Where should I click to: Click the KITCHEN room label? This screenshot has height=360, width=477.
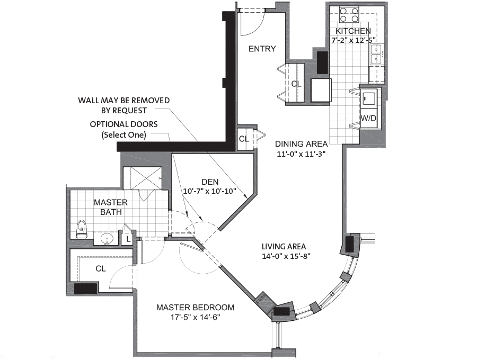(x=353, y=31)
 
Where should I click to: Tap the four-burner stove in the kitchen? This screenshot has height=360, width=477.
(x=349, y=15)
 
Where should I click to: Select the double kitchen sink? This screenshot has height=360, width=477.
(x=377, y=54)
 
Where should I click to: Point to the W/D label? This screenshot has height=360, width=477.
(x=368, y=118)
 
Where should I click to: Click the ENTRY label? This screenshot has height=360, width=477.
(x=262, y=49)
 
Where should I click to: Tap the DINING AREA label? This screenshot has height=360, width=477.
(x=301, y=143)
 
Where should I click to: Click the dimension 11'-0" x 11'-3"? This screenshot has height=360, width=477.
(x=301, y=154)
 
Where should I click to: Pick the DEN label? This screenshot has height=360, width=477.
(x=210, y=182)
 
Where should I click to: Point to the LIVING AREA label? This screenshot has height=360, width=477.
(x=284, y=246)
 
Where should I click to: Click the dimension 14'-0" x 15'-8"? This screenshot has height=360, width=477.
(x=286, y=256)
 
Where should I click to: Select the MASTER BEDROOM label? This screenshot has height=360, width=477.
(x=195, y=308)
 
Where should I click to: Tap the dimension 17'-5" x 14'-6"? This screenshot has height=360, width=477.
(x=195, y=318)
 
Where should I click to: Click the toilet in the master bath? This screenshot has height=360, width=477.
(x=81, y=229)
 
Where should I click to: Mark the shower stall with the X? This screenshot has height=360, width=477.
(x=143, y=178)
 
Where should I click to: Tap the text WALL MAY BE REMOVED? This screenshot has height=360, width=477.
(x=124, y=100)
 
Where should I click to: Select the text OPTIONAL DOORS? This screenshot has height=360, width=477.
(x=124, y=124)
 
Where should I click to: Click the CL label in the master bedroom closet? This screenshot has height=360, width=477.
(x=101, y=268)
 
